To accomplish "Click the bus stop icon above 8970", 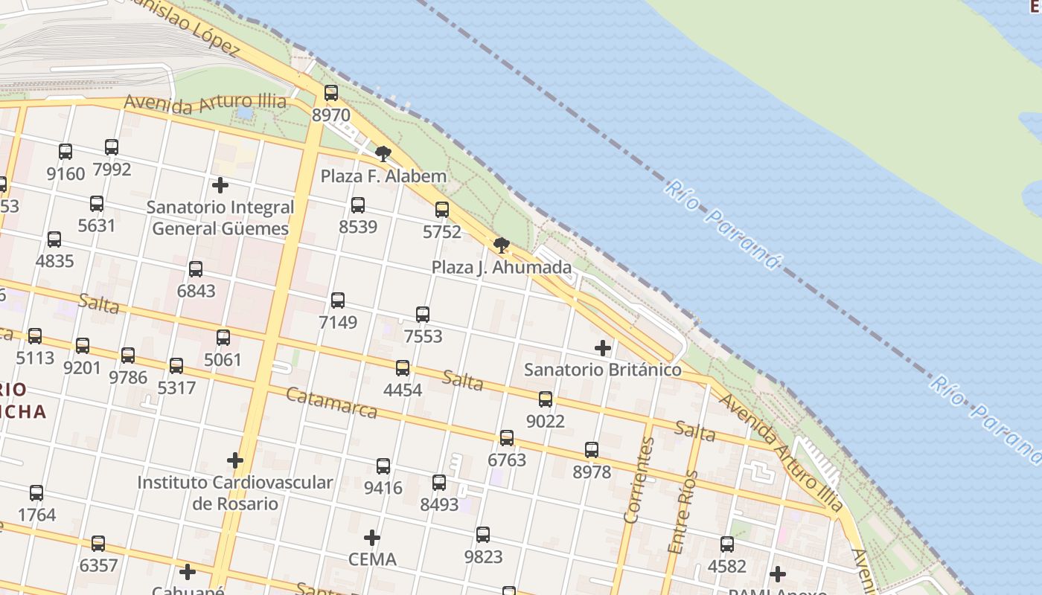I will click(331, 93).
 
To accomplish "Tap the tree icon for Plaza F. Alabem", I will click(383, 154).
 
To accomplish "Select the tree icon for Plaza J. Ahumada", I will click(502, 245).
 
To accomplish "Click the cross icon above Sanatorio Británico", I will click(603, 347).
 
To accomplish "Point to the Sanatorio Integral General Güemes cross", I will click(220, 184).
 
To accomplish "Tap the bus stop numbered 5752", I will click(442, 210).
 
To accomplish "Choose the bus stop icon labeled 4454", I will click(403, 367).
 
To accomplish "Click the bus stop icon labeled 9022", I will click(546, 399).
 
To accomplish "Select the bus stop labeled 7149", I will click(338, 300).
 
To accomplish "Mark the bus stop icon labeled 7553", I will click(423, 315).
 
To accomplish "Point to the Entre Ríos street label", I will click(683, 512).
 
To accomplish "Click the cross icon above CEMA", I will click(372, 537).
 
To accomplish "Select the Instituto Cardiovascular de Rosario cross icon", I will click(235, 460).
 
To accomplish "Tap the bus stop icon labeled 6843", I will click(196, 269).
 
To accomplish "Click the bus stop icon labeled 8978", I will click(592, 450).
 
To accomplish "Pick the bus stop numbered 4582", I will click(727, 544).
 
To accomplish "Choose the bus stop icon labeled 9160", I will click(65, 152).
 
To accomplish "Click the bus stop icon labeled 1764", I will click(36, 492).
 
